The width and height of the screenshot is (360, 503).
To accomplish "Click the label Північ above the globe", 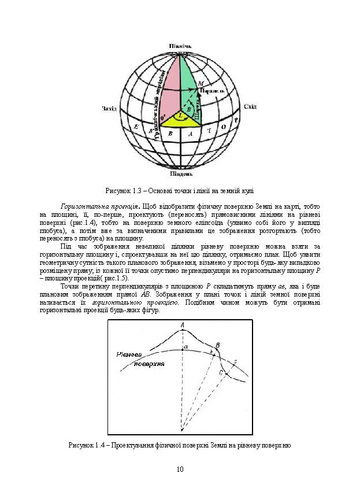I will click(x=180, y=46).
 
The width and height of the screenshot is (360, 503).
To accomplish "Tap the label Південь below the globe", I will click(x=180, y=173).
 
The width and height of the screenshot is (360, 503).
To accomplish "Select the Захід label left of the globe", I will click(x=109, y=108).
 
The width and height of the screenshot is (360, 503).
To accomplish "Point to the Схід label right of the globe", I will click(x=251, y=106).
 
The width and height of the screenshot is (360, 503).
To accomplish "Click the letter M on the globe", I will click(x=200, y=84).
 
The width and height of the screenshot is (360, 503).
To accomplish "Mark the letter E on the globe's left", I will click(x=136, y=127).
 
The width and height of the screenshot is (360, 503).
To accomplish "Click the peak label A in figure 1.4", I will click(x=183, y=326).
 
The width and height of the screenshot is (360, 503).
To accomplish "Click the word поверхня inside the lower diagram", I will click(x=149, y=365).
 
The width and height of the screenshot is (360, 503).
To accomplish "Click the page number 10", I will click(x=180, y=468).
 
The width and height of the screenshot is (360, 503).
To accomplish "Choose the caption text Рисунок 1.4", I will click(x=88, y=445).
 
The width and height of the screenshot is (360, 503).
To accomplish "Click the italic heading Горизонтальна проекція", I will click(x=97, y=206).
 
